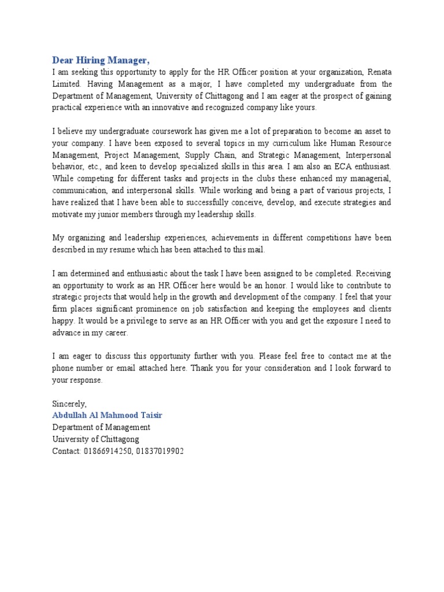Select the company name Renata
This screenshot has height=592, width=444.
(x=377, y=72)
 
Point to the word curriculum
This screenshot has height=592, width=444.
(x=286, y=143)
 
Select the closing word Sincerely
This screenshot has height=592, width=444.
(x=69, y=404)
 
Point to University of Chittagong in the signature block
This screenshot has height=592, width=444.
(x=95, y=439)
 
